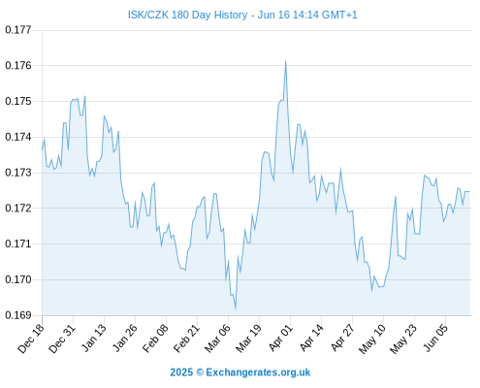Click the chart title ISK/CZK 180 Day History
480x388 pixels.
coord(187,15)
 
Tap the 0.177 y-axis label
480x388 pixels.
coord(18,30)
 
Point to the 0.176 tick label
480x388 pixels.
coord(18,66)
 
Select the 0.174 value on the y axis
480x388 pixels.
coord(18,137)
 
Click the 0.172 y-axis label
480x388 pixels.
coord(18,209)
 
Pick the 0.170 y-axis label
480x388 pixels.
coord(18,279)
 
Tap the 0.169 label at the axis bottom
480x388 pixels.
coord(18,315)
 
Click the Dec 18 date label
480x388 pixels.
coord(31,339)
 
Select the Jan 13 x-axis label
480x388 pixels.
coord(93,339)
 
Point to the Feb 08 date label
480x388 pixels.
coord(155,339)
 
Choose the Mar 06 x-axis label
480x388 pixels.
coord(217,339)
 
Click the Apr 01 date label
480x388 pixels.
coord(280,339)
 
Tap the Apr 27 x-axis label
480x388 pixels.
coord(342,339)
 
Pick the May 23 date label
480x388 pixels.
coord(403,339)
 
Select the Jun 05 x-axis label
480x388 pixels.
coord(435,339)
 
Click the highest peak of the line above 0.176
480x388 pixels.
coord(286,61)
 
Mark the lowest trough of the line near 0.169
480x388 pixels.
coord(236,308)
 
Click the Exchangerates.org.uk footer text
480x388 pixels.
coord(258,372)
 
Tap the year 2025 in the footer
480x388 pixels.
coord(181,372)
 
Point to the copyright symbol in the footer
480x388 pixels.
coord(200,372)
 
